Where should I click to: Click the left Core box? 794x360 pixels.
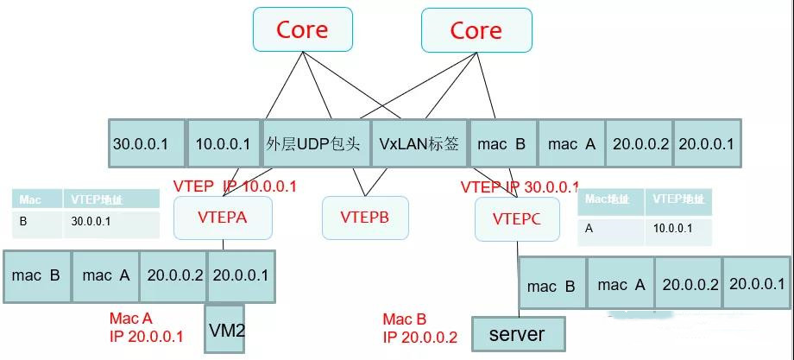coord(302,29)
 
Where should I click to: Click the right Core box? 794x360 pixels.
coord(476,30)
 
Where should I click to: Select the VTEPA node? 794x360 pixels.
coord(223,218)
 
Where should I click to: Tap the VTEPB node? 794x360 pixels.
coord(365,218)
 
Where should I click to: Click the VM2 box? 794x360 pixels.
coord(224,328)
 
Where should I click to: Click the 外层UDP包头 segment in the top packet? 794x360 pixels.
coord(317,143)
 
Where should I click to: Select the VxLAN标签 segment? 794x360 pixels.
coord(419,143)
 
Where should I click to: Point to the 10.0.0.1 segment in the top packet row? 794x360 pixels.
coord(223,143)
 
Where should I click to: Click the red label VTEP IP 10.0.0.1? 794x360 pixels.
coord(235,186)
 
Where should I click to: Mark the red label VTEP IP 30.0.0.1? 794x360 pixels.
coord(520,186)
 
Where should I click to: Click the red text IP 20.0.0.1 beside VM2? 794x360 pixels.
coord(147,337)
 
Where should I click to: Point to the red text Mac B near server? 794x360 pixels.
coord(404,319)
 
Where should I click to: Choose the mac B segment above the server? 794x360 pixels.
coord(551,286)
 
